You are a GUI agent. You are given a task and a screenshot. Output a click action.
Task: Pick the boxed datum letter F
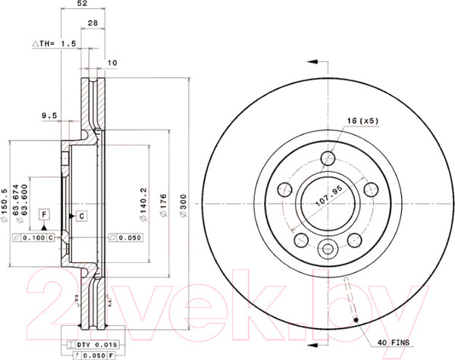coord(45,216)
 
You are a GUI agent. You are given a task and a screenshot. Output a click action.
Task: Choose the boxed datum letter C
coord(81,216)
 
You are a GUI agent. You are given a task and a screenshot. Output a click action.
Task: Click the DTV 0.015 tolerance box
coord(92,344)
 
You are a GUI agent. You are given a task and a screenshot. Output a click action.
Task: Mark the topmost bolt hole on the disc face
coord(328,158)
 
